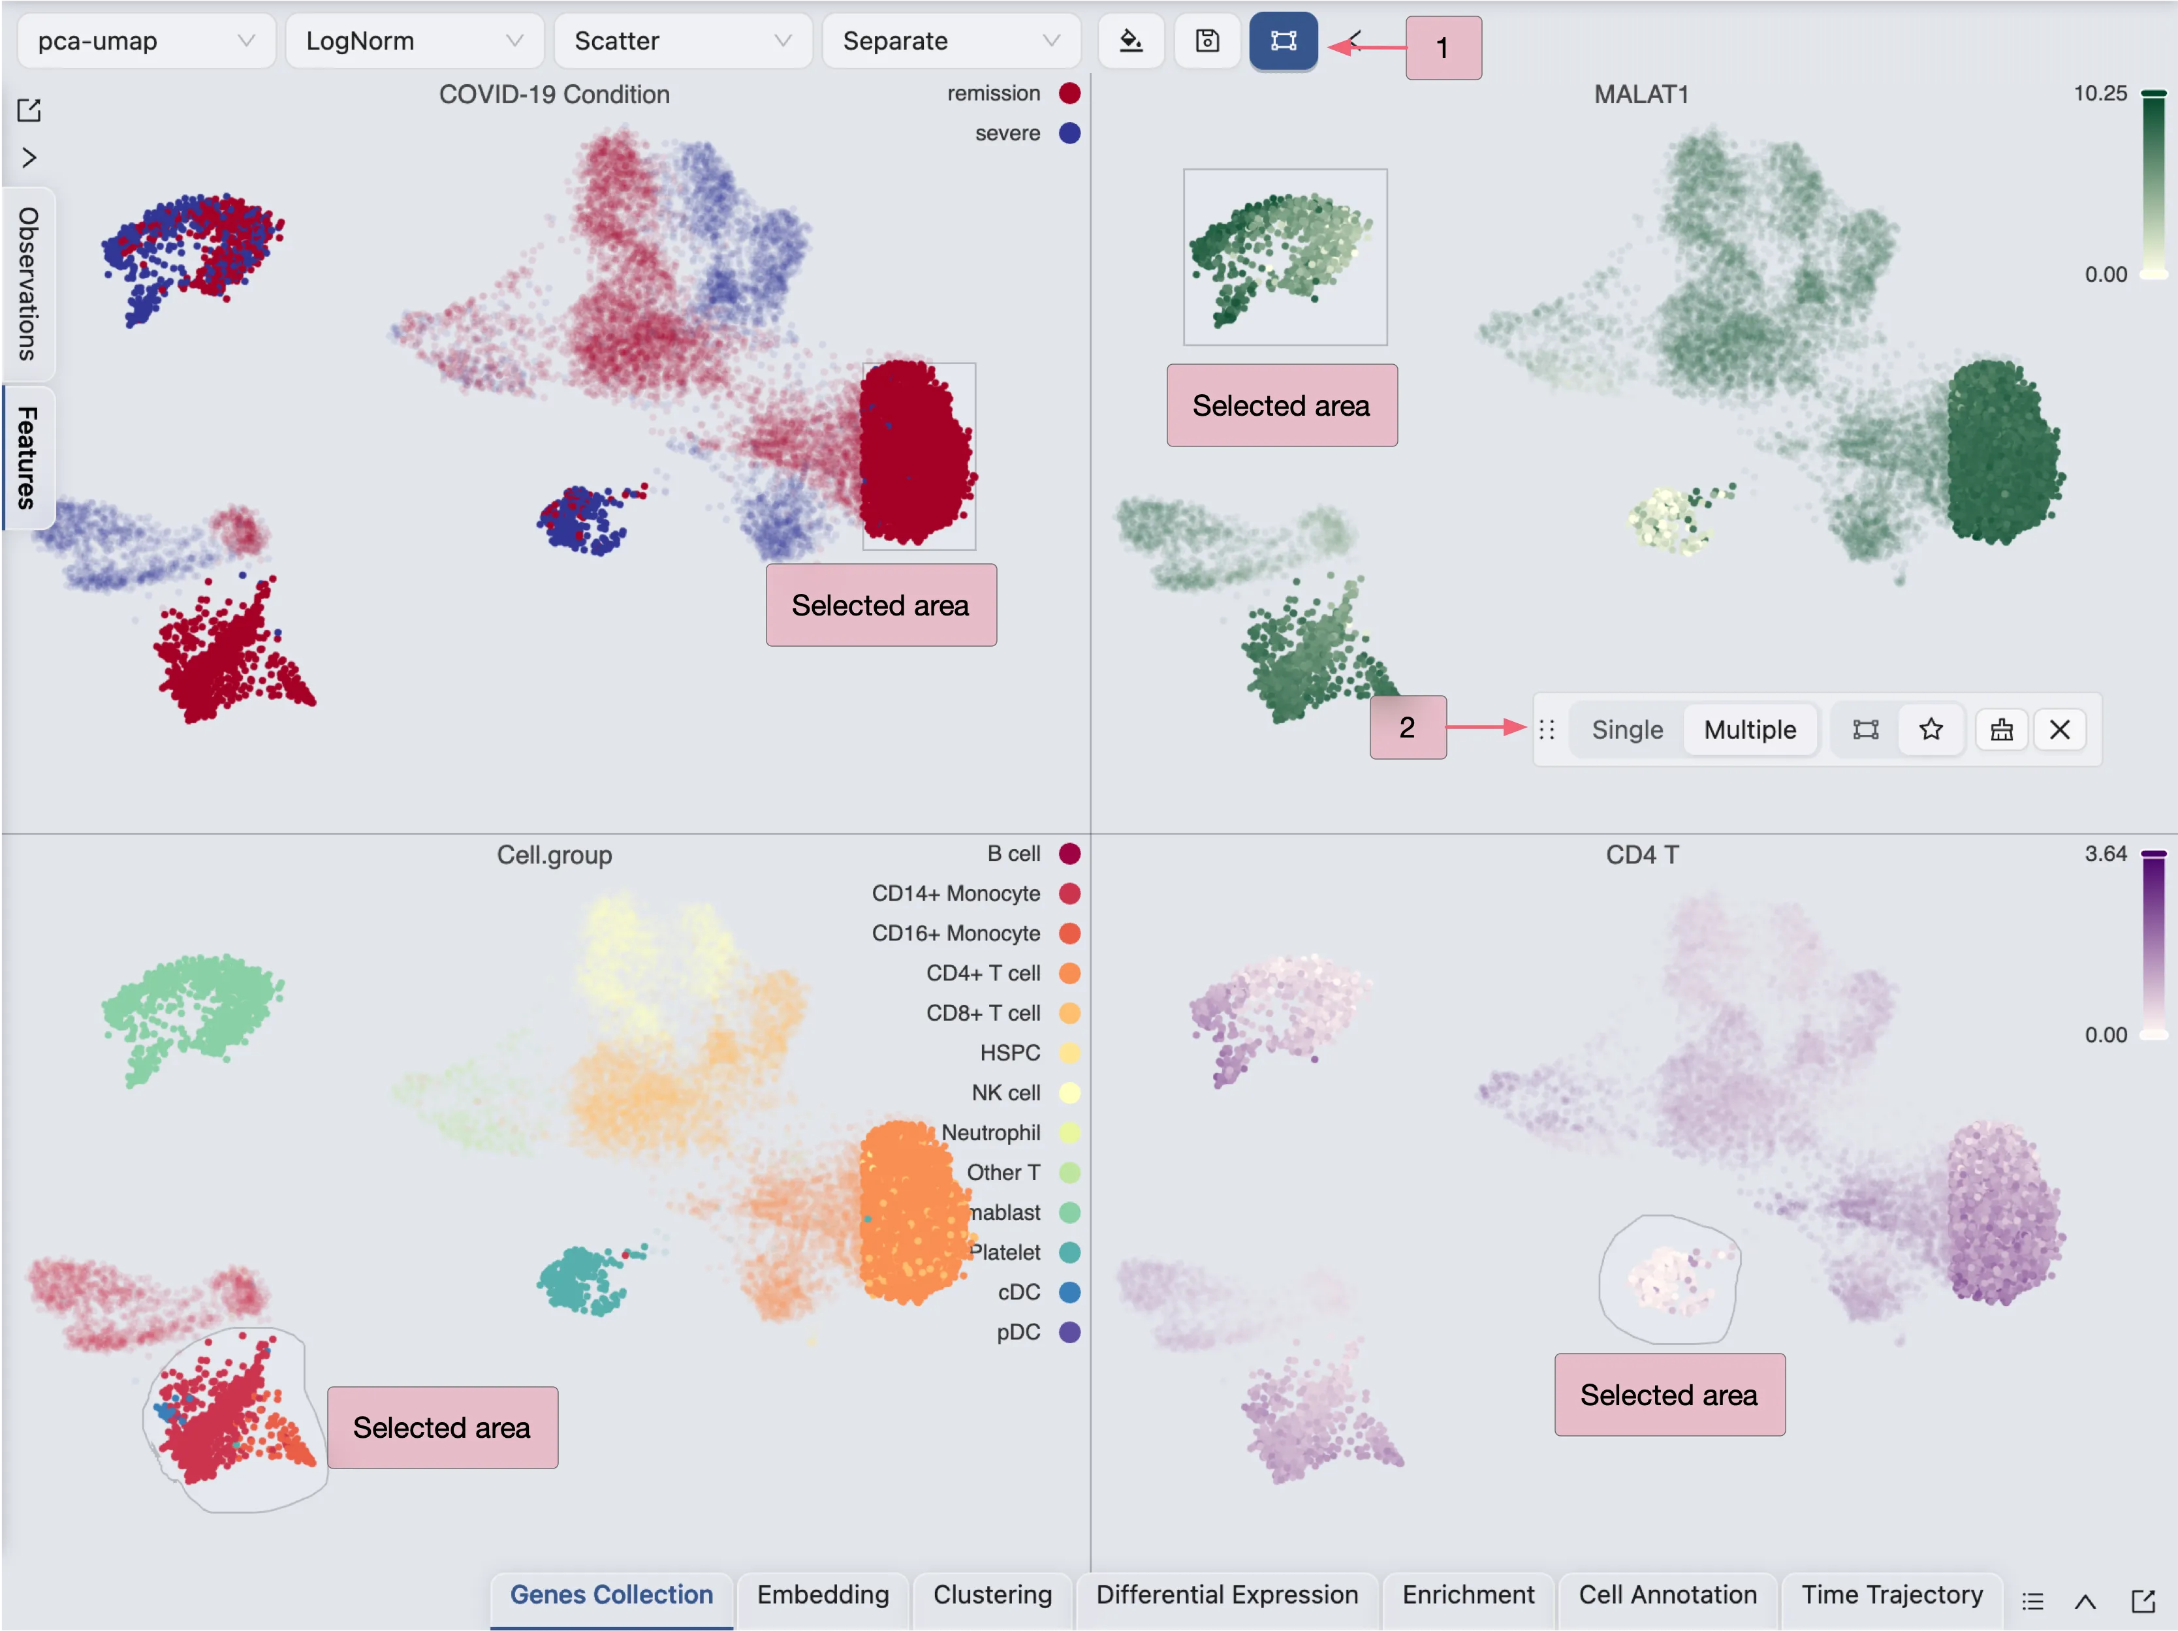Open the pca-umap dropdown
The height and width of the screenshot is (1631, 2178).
tap(146, 41)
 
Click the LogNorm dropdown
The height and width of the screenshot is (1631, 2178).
tap(413, 41)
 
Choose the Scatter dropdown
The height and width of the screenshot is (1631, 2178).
tap(682, 41)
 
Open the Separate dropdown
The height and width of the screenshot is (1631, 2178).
tap(950, 41)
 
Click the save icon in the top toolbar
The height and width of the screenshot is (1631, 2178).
tap(1207, 41)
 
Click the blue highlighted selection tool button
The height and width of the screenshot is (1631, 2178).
tap(1283, 41)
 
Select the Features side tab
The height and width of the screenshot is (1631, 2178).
tap(27, 458)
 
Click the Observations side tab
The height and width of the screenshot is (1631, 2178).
tap(27, 283)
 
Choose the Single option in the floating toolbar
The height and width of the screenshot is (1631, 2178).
tap(1626, 730)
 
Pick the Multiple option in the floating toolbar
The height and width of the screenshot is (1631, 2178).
tap(1750, 730)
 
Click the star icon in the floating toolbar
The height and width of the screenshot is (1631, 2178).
tap(1931, 730)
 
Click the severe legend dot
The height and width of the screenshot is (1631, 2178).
tap(1069, 133)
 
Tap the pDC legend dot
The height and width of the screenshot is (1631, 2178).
tap(1069, 1332)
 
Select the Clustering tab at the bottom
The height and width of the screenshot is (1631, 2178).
tap(992, 1594)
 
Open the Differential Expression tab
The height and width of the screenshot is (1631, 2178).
tap(1227, 1594)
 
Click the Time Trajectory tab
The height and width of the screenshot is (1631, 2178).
tap(1891, 1594)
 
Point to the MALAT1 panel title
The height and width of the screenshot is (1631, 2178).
tap(1641, 95)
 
